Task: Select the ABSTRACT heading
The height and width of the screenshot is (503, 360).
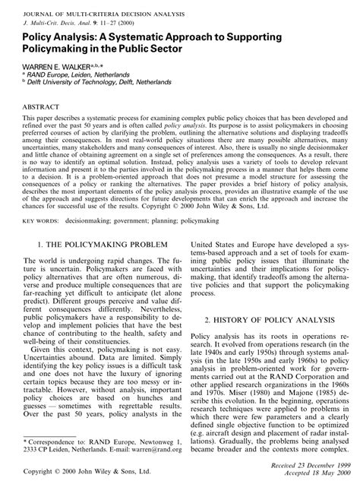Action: coord(42,108)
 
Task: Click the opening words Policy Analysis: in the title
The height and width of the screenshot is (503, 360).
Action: coord(54,35)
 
